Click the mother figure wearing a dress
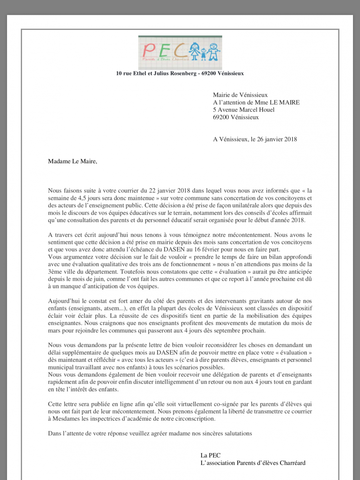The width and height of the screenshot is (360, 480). point(194,51)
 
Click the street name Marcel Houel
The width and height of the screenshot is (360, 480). point(258,110)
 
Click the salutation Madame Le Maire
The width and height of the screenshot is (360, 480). point(72,161)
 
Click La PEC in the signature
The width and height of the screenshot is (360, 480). point(211,455)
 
